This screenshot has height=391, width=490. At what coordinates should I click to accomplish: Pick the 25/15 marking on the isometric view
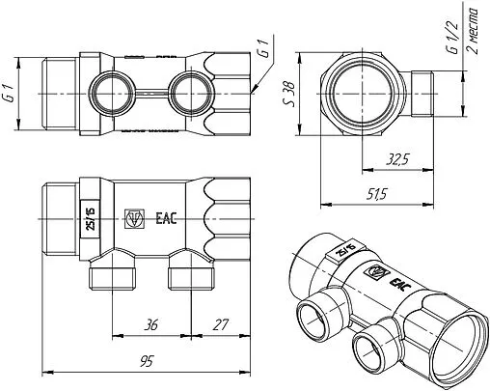[343, 254]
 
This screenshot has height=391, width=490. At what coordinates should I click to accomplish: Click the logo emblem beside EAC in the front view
[136, 218]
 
